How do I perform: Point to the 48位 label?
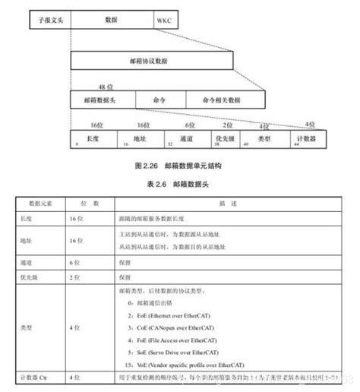coord(106,88)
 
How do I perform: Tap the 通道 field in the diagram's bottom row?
coord(186,139)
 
